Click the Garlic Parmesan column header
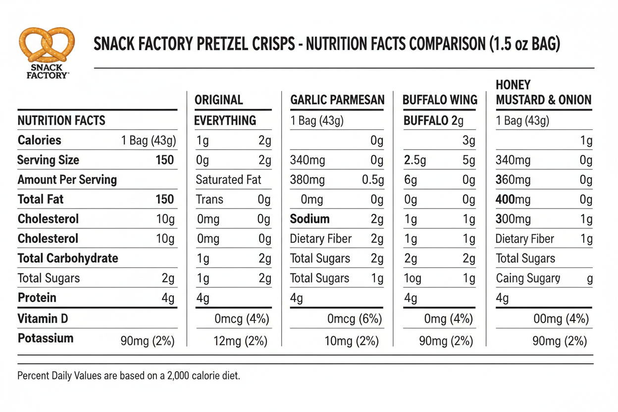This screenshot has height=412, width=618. (337, 100)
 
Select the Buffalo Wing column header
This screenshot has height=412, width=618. (440, 100)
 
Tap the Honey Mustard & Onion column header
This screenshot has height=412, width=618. (543, 93)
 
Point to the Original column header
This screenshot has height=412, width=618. (219, 100)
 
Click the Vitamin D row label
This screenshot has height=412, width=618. (43, 318)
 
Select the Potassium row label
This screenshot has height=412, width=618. (46, 339)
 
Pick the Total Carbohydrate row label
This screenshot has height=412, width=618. (68, 258)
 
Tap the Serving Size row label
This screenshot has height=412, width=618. (48, 160)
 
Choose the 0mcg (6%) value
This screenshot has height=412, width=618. (355, 319)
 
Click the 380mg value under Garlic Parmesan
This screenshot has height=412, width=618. (308, 180)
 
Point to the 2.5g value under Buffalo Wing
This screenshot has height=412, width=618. (415, 160)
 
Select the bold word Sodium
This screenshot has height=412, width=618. (309, 219)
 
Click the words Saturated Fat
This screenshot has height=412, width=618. (228, 180)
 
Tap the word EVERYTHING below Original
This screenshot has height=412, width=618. (225, 120)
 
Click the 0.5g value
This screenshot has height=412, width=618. (372, 180)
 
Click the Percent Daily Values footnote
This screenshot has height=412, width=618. (129, 376)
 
